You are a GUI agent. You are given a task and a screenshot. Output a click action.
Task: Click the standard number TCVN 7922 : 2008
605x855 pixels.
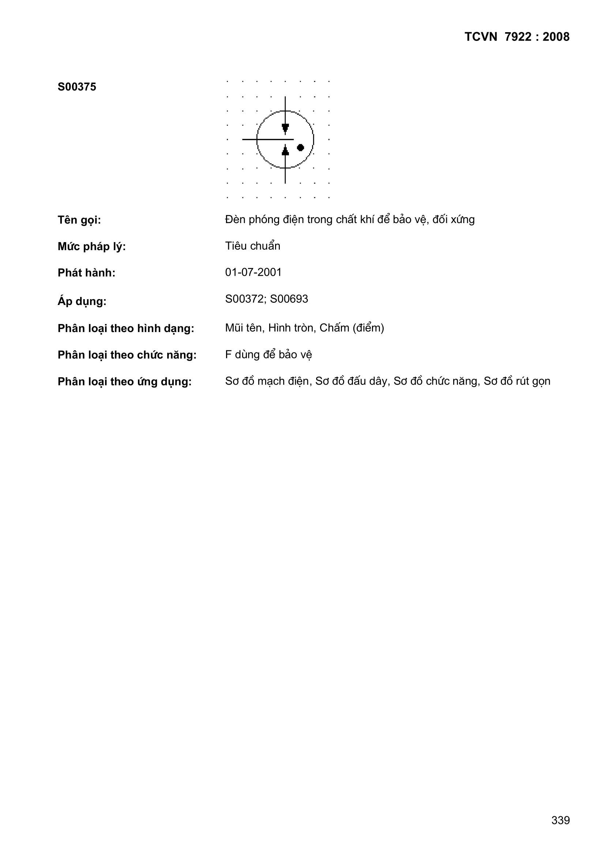coord(517,37)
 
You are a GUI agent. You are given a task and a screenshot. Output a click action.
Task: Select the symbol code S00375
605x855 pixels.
coord(77,87)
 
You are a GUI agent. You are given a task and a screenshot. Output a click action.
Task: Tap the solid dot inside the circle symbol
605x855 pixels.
coord(300,147)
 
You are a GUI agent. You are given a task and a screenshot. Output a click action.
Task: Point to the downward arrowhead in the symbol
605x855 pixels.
coord(285,128)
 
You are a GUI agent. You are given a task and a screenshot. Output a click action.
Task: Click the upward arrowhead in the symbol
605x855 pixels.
coord(285,151)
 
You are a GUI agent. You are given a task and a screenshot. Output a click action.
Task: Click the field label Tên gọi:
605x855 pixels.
coord(79,221)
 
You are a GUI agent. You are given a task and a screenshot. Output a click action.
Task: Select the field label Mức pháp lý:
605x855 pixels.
coord(92,246)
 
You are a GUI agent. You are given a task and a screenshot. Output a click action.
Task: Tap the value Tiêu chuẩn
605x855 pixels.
coord(252,246)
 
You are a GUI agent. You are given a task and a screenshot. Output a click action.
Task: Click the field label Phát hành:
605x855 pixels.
coord(86,273)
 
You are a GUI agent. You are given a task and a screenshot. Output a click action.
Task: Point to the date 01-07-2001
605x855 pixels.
coord(253,272)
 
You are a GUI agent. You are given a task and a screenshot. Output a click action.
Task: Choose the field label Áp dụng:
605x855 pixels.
coord(82,301)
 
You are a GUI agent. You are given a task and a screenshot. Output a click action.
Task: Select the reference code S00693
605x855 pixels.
coord(289,299)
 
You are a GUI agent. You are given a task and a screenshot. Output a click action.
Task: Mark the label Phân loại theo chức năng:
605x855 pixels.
coord(127,355)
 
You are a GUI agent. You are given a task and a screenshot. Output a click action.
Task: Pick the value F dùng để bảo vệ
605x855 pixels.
coord(268,354)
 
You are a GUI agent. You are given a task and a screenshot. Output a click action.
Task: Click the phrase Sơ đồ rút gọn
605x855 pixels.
coord(517,381)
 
